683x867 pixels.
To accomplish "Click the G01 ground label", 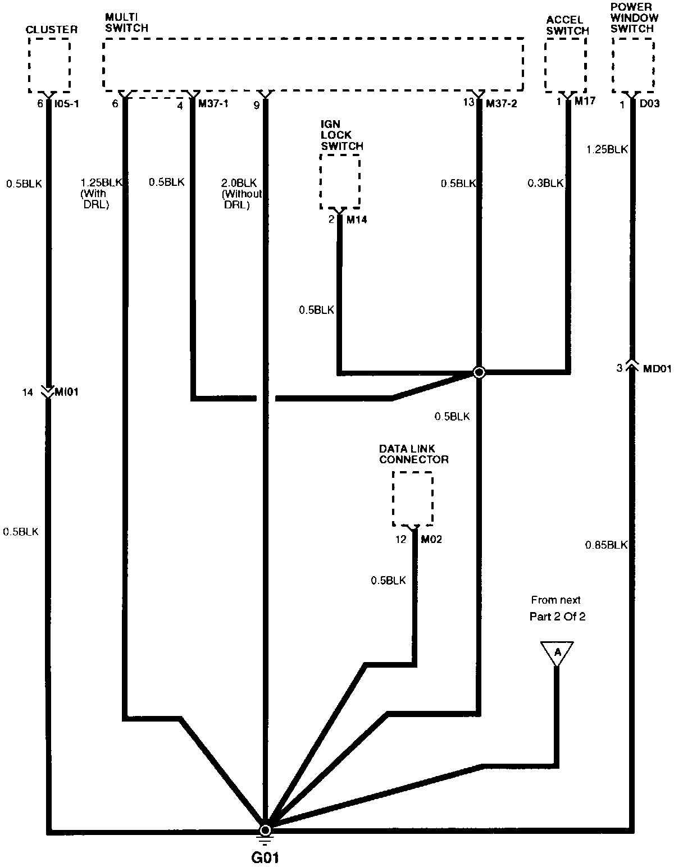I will tap(265, 857).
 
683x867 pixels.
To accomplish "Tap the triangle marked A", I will tap(557, 652).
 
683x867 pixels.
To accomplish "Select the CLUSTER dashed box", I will tap(49, 66).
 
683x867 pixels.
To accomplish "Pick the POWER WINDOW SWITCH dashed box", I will tap(633, 66).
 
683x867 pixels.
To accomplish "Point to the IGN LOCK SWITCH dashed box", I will tap(340, 182).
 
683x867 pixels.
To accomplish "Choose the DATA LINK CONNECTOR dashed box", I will tap(413, 499).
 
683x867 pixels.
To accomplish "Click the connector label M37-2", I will tap(499, 104).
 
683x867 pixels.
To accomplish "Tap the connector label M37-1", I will tap(213, 104).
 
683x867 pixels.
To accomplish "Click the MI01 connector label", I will tap(66, 392).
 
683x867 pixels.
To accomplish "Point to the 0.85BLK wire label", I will tap(606, 545).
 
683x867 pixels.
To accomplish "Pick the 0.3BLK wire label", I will tap(545, 183).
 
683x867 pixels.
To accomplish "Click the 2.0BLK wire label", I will tap(239, 183).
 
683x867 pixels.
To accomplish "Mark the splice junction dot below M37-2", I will tap(479, 372).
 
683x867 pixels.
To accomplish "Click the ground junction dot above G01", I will tap(265, 830).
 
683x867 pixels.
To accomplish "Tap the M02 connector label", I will tap(431, 540).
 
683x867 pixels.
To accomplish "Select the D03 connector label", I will tap(649, 104).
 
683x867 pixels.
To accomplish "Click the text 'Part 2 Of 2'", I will tap(557, 617).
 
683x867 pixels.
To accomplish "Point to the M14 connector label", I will tap(356, 220).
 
